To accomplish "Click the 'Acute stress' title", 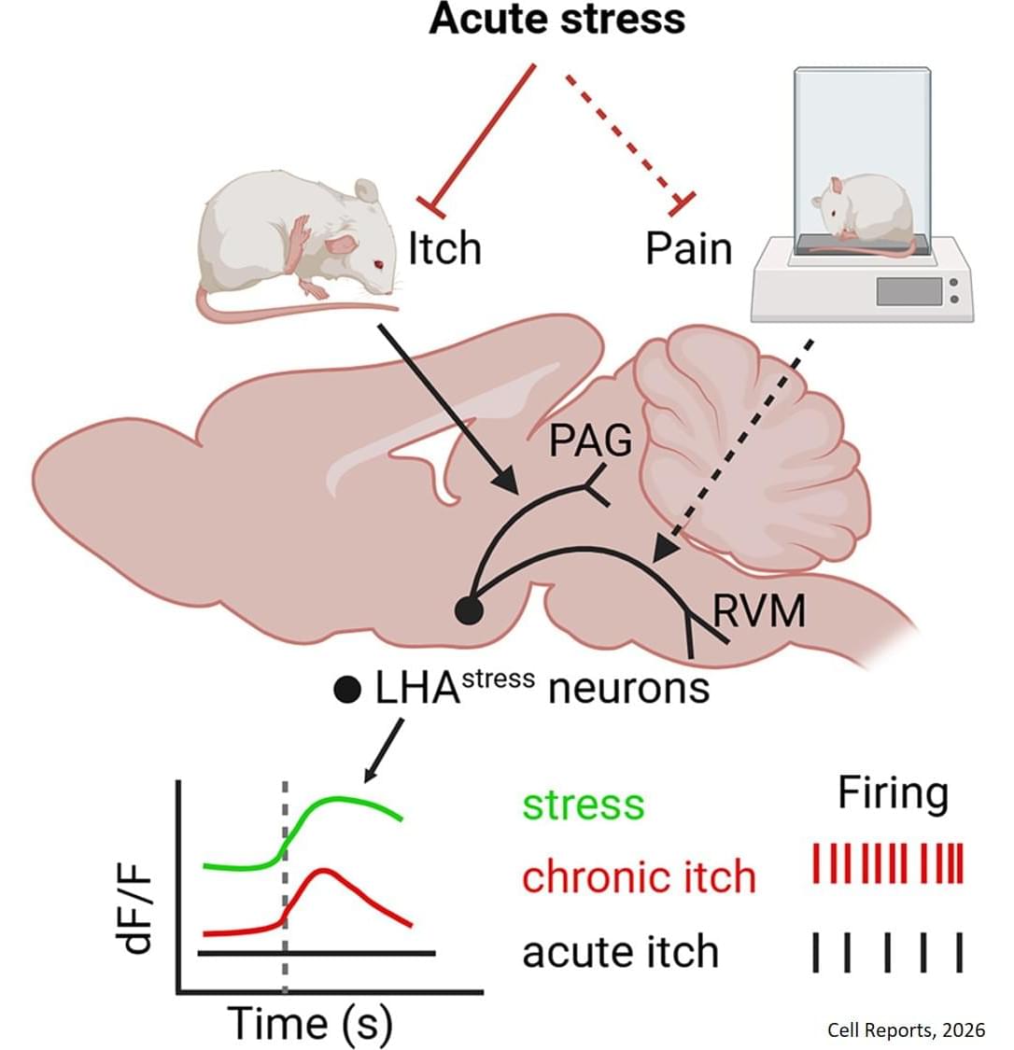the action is coord(556,19).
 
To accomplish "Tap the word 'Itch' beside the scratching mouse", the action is coord(445,248).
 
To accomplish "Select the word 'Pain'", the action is coord(688,248).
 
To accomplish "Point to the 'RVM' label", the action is coord(759,611).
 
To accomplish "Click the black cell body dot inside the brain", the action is coord(469,610).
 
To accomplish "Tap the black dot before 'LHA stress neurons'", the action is coord(347,691).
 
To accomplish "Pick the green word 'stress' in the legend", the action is coord(584,805).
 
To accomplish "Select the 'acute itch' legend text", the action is coord(620,952).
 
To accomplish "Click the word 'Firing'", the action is coord(894,794).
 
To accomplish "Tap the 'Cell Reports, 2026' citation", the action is coord(907,1029).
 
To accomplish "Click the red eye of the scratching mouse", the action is coord(378,264).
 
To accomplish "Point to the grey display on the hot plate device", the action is coord(909,291).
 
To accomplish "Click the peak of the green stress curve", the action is coord(339,798).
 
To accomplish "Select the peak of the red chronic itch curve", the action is coord(324,871).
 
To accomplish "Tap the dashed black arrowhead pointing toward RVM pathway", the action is coord(665,548).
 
